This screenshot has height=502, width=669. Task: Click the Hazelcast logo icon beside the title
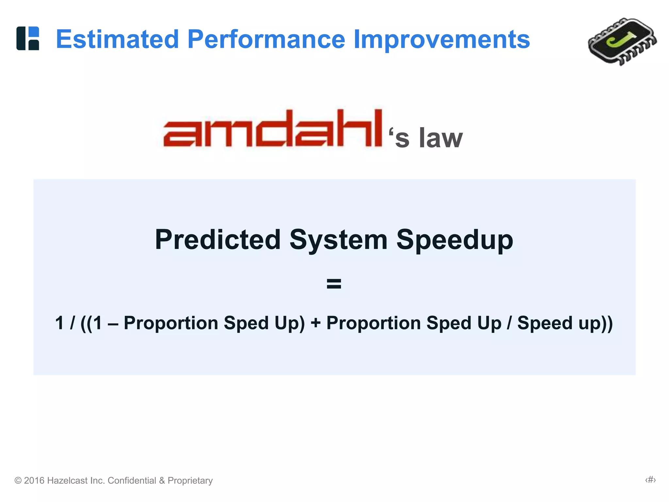tap(28, 38)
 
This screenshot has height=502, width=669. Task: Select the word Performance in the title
tap(266, 39)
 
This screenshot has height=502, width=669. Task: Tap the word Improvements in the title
tap(442, 39)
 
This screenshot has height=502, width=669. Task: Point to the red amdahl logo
tap(272, 128)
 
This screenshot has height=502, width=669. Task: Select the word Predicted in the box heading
tap(218, 240)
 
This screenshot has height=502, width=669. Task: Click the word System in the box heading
tap(338, 240)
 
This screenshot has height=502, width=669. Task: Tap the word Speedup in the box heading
tap(454, 240)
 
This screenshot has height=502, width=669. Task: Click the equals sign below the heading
tap(334, 283)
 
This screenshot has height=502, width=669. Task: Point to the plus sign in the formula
tap(316, 323)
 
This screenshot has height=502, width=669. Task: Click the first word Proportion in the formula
tap(171, 323)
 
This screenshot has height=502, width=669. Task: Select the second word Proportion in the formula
tap(373, 323)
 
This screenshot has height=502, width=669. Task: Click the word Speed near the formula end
tap(545, 323)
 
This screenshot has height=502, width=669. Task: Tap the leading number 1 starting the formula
tap(59, 323)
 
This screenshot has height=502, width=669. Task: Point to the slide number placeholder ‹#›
tap(650, 480)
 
